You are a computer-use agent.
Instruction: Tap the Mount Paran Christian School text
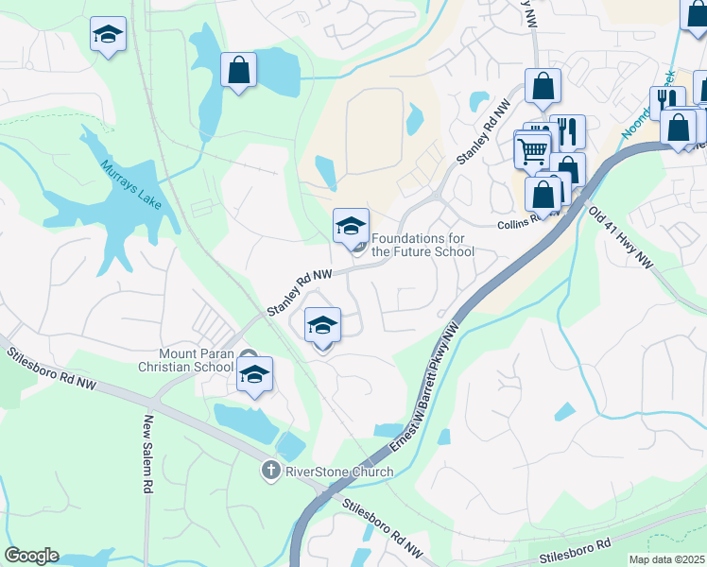tap(185, 360)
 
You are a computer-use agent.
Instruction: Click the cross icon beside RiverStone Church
tap(269, 471)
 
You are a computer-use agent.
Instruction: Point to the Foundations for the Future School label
tap(422, 246)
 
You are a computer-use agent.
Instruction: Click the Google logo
tap(31, 556)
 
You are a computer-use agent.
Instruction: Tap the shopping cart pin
tap(532, 148)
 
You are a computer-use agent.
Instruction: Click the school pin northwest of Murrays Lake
tap(108, 35)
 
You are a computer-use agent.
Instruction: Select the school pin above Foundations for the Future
tap(351, 225)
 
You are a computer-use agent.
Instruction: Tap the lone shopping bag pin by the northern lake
tap(238, 69)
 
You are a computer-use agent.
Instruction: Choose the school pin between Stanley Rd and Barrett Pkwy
tap(322, 325)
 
